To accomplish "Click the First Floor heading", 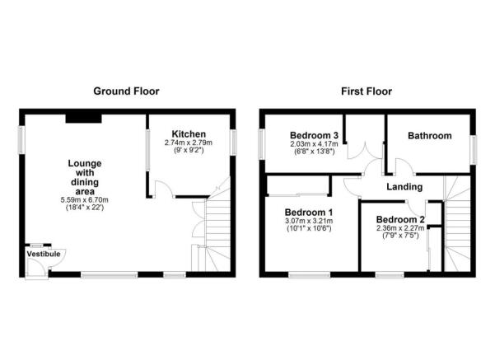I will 367,91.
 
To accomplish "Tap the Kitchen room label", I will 189,133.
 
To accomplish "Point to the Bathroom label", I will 430,136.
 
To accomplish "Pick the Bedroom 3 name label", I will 314,136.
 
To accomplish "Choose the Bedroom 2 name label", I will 399,220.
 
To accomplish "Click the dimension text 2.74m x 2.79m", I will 189,143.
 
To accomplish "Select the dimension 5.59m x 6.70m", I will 85,200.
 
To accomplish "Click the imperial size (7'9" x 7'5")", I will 399,237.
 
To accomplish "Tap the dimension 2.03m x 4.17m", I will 314,145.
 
